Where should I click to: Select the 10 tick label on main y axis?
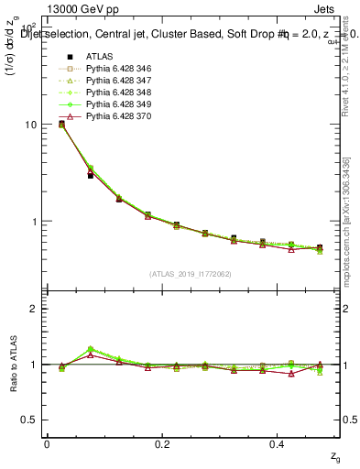(x=31, y=125)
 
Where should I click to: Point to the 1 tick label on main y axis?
(x=35, y=222)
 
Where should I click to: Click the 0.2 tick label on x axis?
(x=163, y=443)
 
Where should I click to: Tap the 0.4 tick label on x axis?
(x=279, y=443)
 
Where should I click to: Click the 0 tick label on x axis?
(x=47, y=443)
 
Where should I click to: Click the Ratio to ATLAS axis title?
(x=12, y=364)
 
